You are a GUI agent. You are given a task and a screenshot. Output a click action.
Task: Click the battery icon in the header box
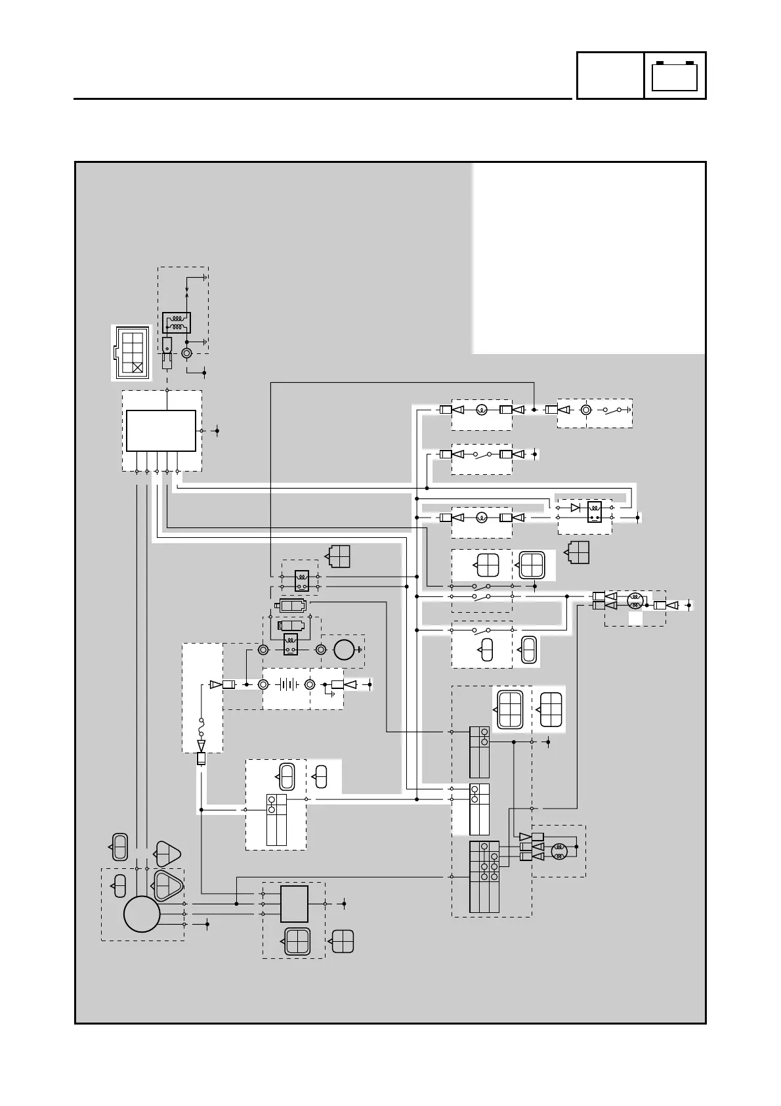click(x=675, y=76)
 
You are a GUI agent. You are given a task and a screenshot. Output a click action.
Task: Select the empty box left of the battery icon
click(x=610, y=76)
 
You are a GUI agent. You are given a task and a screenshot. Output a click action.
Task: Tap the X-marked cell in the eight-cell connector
click(x=138, y=367)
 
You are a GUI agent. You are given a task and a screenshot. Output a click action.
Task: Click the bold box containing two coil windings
click(x=176, y=322)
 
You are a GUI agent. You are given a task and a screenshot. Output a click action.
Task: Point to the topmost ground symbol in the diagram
click(x=205, y=277)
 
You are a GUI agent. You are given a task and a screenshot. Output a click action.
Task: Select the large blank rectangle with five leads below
click(x=161, y=431)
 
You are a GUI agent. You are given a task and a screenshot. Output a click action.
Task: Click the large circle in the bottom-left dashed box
click(x=142, y=914)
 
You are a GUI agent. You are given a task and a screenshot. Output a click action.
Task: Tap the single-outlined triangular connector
click(x=167, y=854)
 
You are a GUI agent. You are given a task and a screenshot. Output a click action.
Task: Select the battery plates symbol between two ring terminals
click(x=287, y=684)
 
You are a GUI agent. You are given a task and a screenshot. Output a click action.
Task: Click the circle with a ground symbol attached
click(x=343, y=649)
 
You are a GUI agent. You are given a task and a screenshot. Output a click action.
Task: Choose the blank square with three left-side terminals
click(x=294, y=904)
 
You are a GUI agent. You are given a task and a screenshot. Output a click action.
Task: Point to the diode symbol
click(x=576, y=507)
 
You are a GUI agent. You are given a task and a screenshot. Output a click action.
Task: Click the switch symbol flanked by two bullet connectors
click(x=482, y=454)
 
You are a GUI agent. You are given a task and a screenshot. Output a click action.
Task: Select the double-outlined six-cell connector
click(x=511, y=709)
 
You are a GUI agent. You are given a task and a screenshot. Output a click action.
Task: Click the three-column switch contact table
click(x=484, y=876)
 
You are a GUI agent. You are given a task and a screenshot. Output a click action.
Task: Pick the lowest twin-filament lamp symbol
click(x=559, y=851)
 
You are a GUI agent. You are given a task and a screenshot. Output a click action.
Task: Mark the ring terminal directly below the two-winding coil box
click(x=186, y=353)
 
